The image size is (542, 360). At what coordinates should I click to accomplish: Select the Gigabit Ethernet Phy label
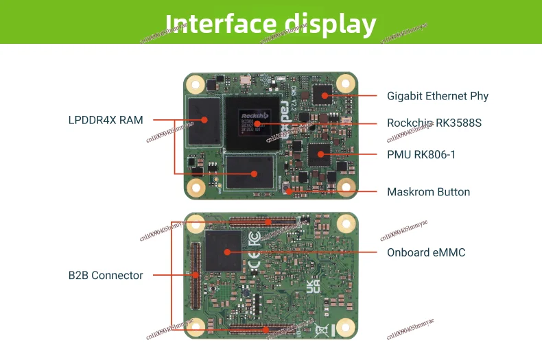(438, 96)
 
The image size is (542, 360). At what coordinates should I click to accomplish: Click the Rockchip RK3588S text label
(434, 123)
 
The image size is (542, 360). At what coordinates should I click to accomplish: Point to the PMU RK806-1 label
(421, 155)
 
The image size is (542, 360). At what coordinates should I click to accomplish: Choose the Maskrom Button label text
(429, 192)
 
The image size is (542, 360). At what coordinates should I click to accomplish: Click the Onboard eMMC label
(426, 252)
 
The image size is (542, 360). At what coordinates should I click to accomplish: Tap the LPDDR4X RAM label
(106, 120)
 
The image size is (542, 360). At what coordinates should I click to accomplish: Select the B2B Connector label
(106, 276)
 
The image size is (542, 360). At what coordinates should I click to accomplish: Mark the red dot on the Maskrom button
(290, 191)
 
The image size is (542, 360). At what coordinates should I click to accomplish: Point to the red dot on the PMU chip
(318, 155)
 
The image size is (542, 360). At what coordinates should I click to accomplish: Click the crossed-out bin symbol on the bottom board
(320, 331)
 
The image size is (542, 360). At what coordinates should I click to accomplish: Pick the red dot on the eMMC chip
(224, 252)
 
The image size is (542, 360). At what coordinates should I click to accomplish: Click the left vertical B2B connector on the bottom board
(196, 274)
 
